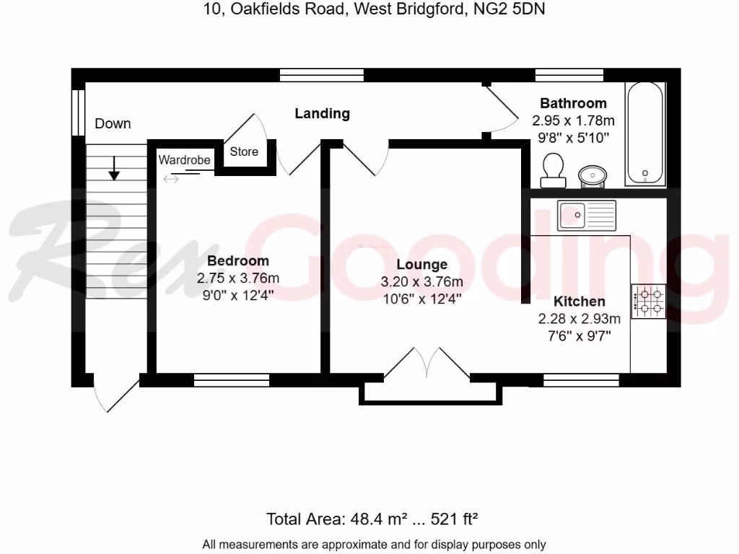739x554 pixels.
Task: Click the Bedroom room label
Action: coord(237,261)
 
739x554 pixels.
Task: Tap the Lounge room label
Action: coord(421,265)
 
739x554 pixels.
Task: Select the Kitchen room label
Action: coord(579,302)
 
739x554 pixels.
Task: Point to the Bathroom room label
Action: coord(573,103)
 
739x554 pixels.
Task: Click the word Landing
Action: coord(322,113)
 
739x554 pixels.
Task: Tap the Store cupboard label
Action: coord(244,151)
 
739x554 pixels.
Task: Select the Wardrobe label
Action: coord(184,159)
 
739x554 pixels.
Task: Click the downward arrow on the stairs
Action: coord(114,170)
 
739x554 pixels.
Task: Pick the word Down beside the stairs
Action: coord(113,123)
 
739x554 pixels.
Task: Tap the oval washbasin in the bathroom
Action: coord(593,175)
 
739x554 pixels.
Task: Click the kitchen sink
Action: coord(586,214)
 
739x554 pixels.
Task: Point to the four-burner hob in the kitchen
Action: coord(648,302)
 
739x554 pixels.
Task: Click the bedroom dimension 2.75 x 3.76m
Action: coord(237,278)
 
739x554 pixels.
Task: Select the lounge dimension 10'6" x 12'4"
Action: coord(421,297)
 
